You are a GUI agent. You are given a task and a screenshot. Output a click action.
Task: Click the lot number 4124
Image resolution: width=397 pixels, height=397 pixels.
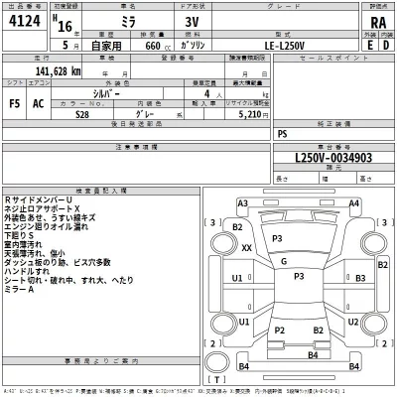(26, 26)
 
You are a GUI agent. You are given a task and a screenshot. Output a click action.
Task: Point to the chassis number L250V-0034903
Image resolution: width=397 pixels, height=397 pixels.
(319, 158)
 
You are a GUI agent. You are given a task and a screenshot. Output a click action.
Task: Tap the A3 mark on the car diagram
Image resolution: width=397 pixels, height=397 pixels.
(242, 203)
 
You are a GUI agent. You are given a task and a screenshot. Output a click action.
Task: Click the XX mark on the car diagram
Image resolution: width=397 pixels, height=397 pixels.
(247, 248)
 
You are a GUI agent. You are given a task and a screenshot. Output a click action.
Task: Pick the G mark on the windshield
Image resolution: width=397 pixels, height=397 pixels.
(284, 261)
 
